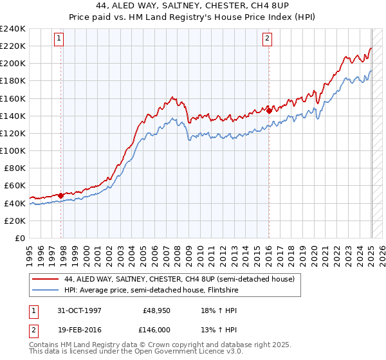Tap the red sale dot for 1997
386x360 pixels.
[61, 195]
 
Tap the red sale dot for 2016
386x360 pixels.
[269, 110]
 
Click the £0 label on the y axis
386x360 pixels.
[20, 238]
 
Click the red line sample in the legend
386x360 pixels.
[46, 279]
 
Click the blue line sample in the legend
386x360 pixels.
[46, 290]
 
